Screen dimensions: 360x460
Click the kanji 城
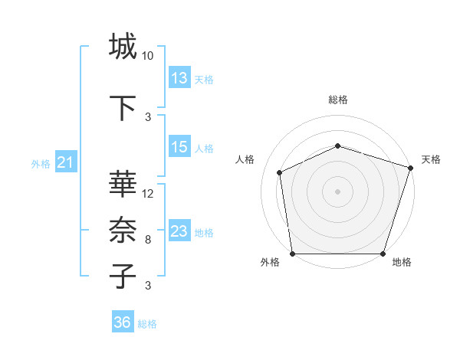123,47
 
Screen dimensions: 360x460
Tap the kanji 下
123,108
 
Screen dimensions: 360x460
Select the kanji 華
123,185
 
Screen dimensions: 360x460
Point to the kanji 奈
123,229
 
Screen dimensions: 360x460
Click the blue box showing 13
179,78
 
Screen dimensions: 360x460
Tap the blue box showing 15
179,147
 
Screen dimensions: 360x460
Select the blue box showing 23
179,231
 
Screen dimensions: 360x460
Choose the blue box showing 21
66,162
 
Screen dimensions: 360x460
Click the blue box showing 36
123,322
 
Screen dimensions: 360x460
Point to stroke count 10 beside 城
148,56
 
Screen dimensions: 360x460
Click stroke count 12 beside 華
148,194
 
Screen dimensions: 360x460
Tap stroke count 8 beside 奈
148,240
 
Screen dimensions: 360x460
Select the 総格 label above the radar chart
338,100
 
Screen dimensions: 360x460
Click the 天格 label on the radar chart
431,159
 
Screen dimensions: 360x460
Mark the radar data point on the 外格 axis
292,254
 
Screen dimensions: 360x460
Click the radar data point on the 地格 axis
383,254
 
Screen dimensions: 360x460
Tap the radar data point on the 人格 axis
280,172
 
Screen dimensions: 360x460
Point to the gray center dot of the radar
338,191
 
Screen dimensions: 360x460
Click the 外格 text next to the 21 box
40,163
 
